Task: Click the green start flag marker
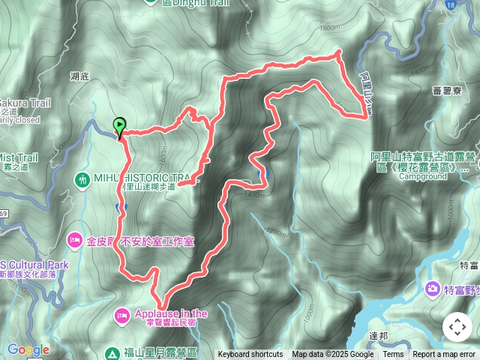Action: tap(119, 126)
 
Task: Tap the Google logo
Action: tap(28, 349)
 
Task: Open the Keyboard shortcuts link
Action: tap(250, 355)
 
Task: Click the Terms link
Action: tap(393, 355)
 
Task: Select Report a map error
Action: tap(444, 355)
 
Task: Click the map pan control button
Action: tap(457, 327)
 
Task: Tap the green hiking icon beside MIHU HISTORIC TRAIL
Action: tap(82, 179)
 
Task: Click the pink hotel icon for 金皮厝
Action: tap(74, 241)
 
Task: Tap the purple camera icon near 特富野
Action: tap(433, 288)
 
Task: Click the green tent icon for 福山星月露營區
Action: tap(111, 352)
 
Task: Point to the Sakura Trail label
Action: tap(25, 102)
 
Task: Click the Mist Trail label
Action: tap(19, 157)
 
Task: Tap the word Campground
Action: tap(423, 178)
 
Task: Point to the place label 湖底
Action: tap(79, 76)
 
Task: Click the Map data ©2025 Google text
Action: tap(333, 355)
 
